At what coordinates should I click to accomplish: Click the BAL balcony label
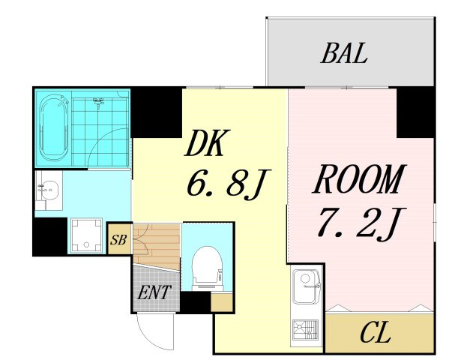click(x=344, y=52)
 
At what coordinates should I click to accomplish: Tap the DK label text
click(x=204, y=143)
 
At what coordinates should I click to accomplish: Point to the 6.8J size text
click(x=228, y=183)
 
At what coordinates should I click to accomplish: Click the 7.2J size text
click(x=361, y=223)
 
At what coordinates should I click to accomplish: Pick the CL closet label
click(x=376, y=332)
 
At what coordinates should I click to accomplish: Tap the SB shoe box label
click(x=118, y=239)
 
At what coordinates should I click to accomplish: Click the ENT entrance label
click(x=154, y=292)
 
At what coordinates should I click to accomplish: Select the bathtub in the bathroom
click(x=54, y=127)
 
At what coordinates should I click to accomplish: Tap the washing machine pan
click(x=86, y=236)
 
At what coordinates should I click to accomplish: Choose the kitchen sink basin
click(x=306, y=286)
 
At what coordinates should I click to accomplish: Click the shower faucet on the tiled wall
click(x=98, y=101)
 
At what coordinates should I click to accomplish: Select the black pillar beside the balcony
click(x=415, y=112)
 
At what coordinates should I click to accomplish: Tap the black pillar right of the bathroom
click(x=157, y=112)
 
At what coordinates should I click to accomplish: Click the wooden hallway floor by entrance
click(x=157, y=247)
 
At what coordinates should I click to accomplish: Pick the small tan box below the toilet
click(x=222, y=303)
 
